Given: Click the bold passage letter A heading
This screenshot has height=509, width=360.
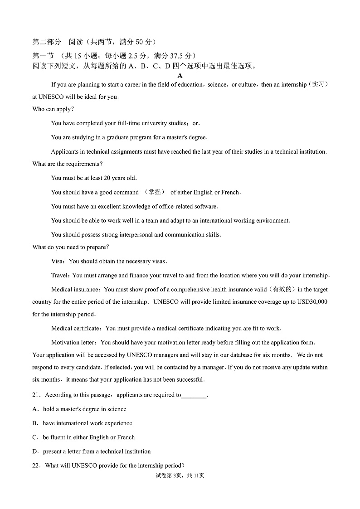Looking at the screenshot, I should pos(180,76).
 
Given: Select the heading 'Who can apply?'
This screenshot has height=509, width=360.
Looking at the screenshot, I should pos(53,109).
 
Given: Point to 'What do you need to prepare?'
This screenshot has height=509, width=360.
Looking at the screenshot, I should pos(71,247).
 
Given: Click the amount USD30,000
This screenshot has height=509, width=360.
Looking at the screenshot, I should pos(312,302).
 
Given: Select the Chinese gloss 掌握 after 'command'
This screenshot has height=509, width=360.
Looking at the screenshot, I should pos(154,192).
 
